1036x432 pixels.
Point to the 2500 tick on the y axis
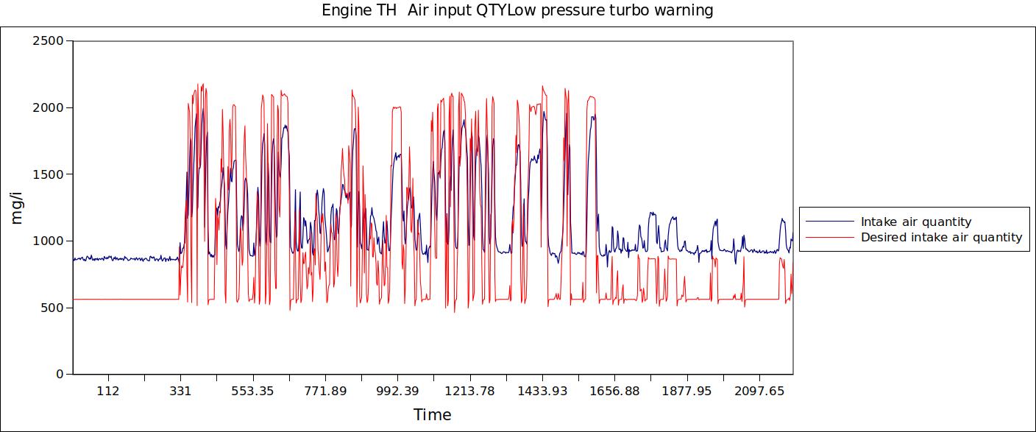(49, 40)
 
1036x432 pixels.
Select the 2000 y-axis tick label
(49, 107)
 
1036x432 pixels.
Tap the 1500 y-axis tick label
(49, 174)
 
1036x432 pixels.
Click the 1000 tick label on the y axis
(49, 241)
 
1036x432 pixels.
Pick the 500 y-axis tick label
(52, 308)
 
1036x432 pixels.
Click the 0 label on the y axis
(60, 374)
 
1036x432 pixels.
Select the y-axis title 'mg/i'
(18, 208)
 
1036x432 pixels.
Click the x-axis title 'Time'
(432, 414)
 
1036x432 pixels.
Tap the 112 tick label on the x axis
(108, 391)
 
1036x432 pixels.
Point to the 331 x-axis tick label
(180, 391)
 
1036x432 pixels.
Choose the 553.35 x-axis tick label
(252, 391)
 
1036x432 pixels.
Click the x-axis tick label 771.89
(324, 391)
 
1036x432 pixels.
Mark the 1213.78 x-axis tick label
(469, 391)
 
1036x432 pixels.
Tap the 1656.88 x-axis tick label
(614, 391)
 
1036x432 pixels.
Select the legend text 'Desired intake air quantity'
(941, 237)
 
